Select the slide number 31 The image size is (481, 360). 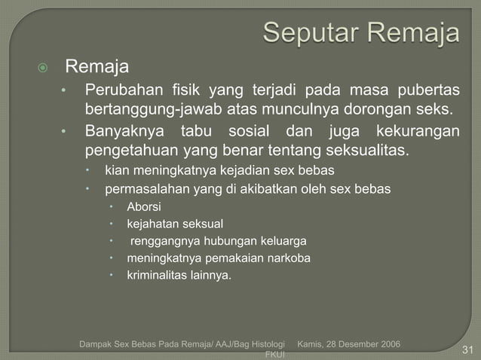tap(467, 349)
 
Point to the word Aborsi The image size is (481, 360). tap(143, 206)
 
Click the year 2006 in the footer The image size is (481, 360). tap(387, 344)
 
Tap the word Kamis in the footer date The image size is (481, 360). tap(313, 344)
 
